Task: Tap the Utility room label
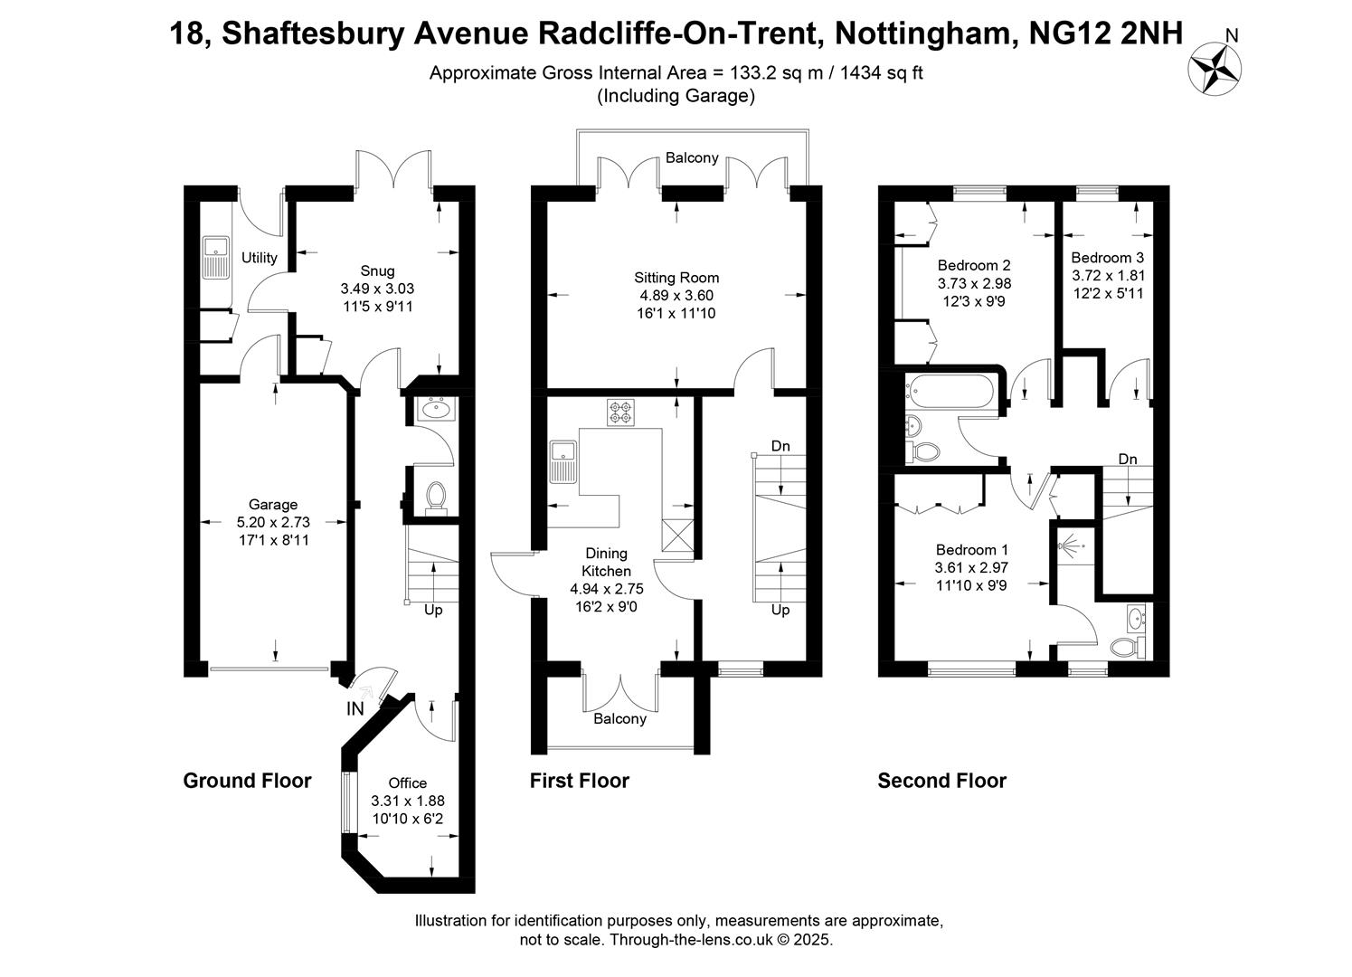pos(259,258)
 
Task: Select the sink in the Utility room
pos(215,258)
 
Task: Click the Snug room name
pos(377,270)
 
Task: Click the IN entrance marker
pos(355,708)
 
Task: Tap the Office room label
pos(408,783)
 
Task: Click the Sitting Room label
pos(676,278)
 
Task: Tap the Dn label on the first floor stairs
pos(780,446)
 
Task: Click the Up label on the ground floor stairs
pos(433,611)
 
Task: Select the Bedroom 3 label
pos(1107,258)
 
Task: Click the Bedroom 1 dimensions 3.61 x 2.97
pos(971,567)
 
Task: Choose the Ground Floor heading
pos(248,781)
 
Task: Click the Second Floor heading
pos(941,781)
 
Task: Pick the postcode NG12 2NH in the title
pos(1105,33)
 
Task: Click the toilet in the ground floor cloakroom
pos(435,498)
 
